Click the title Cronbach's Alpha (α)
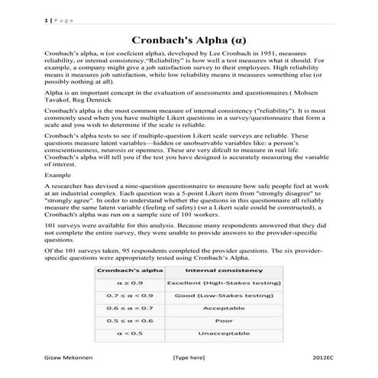coord(189,37)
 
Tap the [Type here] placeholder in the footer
coord(189,357)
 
